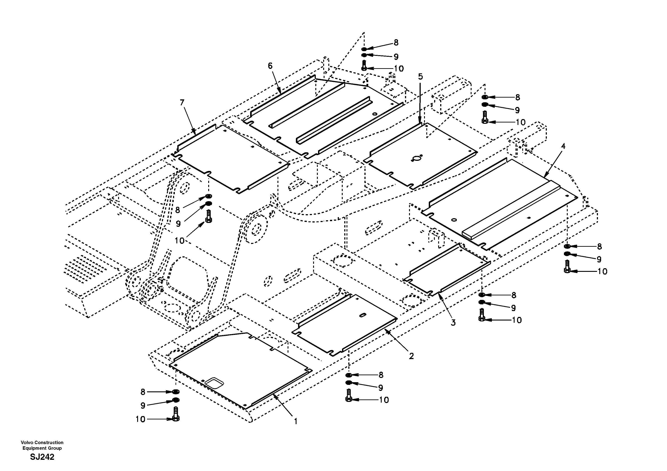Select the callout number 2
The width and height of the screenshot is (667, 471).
(x=411, y=356)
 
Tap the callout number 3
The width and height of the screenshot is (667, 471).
(x=453, y=323)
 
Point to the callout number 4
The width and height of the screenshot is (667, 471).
(x=563, y=146)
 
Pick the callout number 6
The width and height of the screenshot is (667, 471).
(x=270, y=66)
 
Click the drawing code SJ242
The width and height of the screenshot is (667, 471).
(x=42, y=457)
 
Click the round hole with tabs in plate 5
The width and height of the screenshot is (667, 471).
(x=418, y=158)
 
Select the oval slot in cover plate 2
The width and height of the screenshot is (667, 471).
(x=363, y=315)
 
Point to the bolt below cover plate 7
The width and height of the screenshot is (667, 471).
(x=208, y=217)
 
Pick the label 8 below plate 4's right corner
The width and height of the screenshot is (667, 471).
(x=599, y=246)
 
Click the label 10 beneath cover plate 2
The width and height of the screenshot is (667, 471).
(x=384, y=400)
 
